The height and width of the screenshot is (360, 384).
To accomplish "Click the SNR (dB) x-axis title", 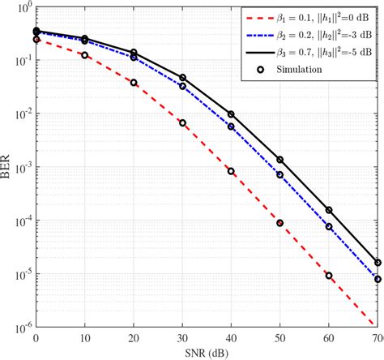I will click(207, 353).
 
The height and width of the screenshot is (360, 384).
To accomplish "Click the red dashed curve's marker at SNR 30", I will click(182, 123).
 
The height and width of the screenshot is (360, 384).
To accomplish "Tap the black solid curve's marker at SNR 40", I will click(232, 114).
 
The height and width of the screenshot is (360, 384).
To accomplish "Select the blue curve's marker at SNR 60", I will click(330, 227).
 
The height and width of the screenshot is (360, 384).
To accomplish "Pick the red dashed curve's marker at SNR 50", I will click(280, 222).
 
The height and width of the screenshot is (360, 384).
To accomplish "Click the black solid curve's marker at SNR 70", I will click(378, 262).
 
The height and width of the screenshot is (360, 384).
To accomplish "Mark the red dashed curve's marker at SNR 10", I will click(85, 55).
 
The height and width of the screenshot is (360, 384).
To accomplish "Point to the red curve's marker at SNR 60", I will click(330, 275).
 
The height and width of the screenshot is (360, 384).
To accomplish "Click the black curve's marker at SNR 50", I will click(280, 160).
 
